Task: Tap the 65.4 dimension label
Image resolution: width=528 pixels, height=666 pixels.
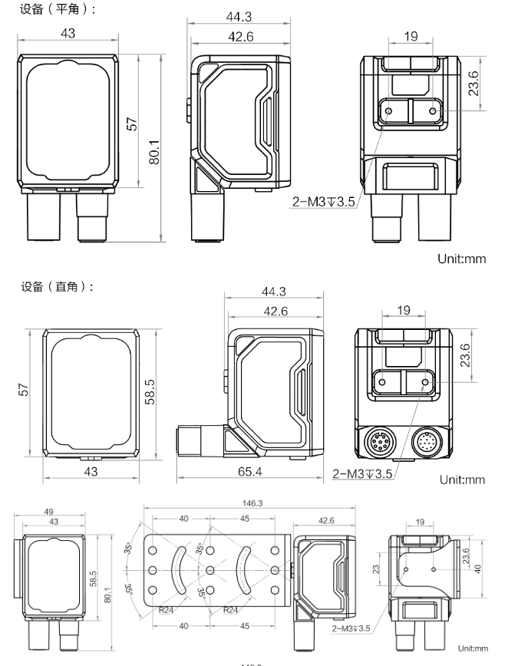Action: [249, 471]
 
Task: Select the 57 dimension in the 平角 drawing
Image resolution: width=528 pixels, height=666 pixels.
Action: [132, 123]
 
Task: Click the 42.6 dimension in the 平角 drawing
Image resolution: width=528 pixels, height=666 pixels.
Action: [239, 38]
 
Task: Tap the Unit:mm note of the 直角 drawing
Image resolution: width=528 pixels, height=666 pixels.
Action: [462, 480]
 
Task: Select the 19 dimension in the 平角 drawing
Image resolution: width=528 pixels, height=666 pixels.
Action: [410, 35]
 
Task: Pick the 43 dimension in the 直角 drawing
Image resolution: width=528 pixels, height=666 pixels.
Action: [91, 471]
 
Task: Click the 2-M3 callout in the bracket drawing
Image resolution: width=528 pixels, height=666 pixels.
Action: [351, 628]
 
